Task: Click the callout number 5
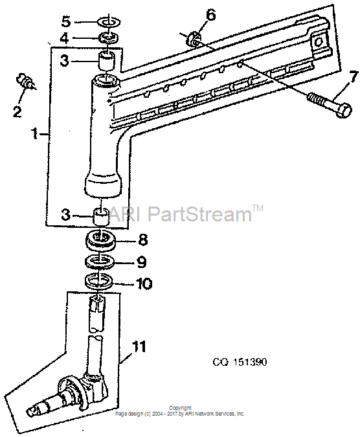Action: point(66,21)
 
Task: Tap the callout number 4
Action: point(64,38)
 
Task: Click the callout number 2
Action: point(17,111)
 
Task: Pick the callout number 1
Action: point(35,133)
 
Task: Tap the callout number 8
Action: point(142,240)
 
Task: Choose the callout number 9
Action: point(142,262)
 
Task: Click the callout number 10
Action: point(144,284)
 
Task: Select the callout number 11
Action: point(139,347)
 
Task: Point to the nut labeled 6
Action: point(193,38)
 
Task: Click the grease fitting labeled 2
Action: point(25,81)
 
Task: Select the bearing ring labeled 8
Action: point(100,239)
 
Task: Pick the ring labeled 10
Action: point(99,281)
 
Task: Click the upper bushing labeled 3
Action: point(107,60)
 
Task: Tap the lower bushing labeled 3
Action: point(100,216)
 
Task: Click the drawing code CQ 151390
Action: point(240,362)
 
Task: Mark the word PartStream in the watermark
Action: point(199,214)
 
